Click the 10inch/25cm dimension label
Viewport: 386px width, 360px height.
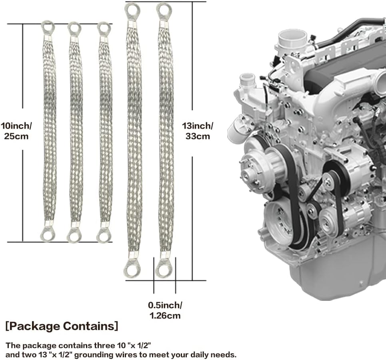pyautogui.click(x=16, y=130)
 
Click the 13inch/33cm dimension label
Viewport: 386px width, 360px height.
pyautogui.click(x=198, y=131)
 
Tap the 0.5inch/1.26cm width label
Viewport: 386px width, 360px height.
pyautogui.click(x=165, y=310)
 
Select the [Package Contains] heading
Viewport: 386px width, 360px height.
pyautogui.click(x=62, y=326)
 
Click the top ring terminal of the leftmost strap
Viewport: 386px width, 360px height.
pyautogui.click(x=48, y=28)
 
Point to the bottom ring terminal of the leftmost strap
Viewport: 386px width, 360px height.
pyautogui.click(x=48, y=235)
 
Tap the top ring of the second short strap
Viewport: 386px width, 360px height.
pyautogui.click(x=74, y=28)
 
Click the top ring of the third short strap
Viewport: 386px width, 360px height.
pyautogui.click(x=104, y=28)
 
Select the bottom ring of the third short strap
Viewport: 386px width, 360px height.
pyautogui.click(x=104, y=235)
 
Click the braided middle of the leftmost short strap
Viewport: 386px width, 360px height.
pyautogui.click(x=50, y=132)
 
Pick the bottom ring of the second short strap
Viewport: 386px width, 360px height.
pyautogui.click(x=74, y=235)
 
